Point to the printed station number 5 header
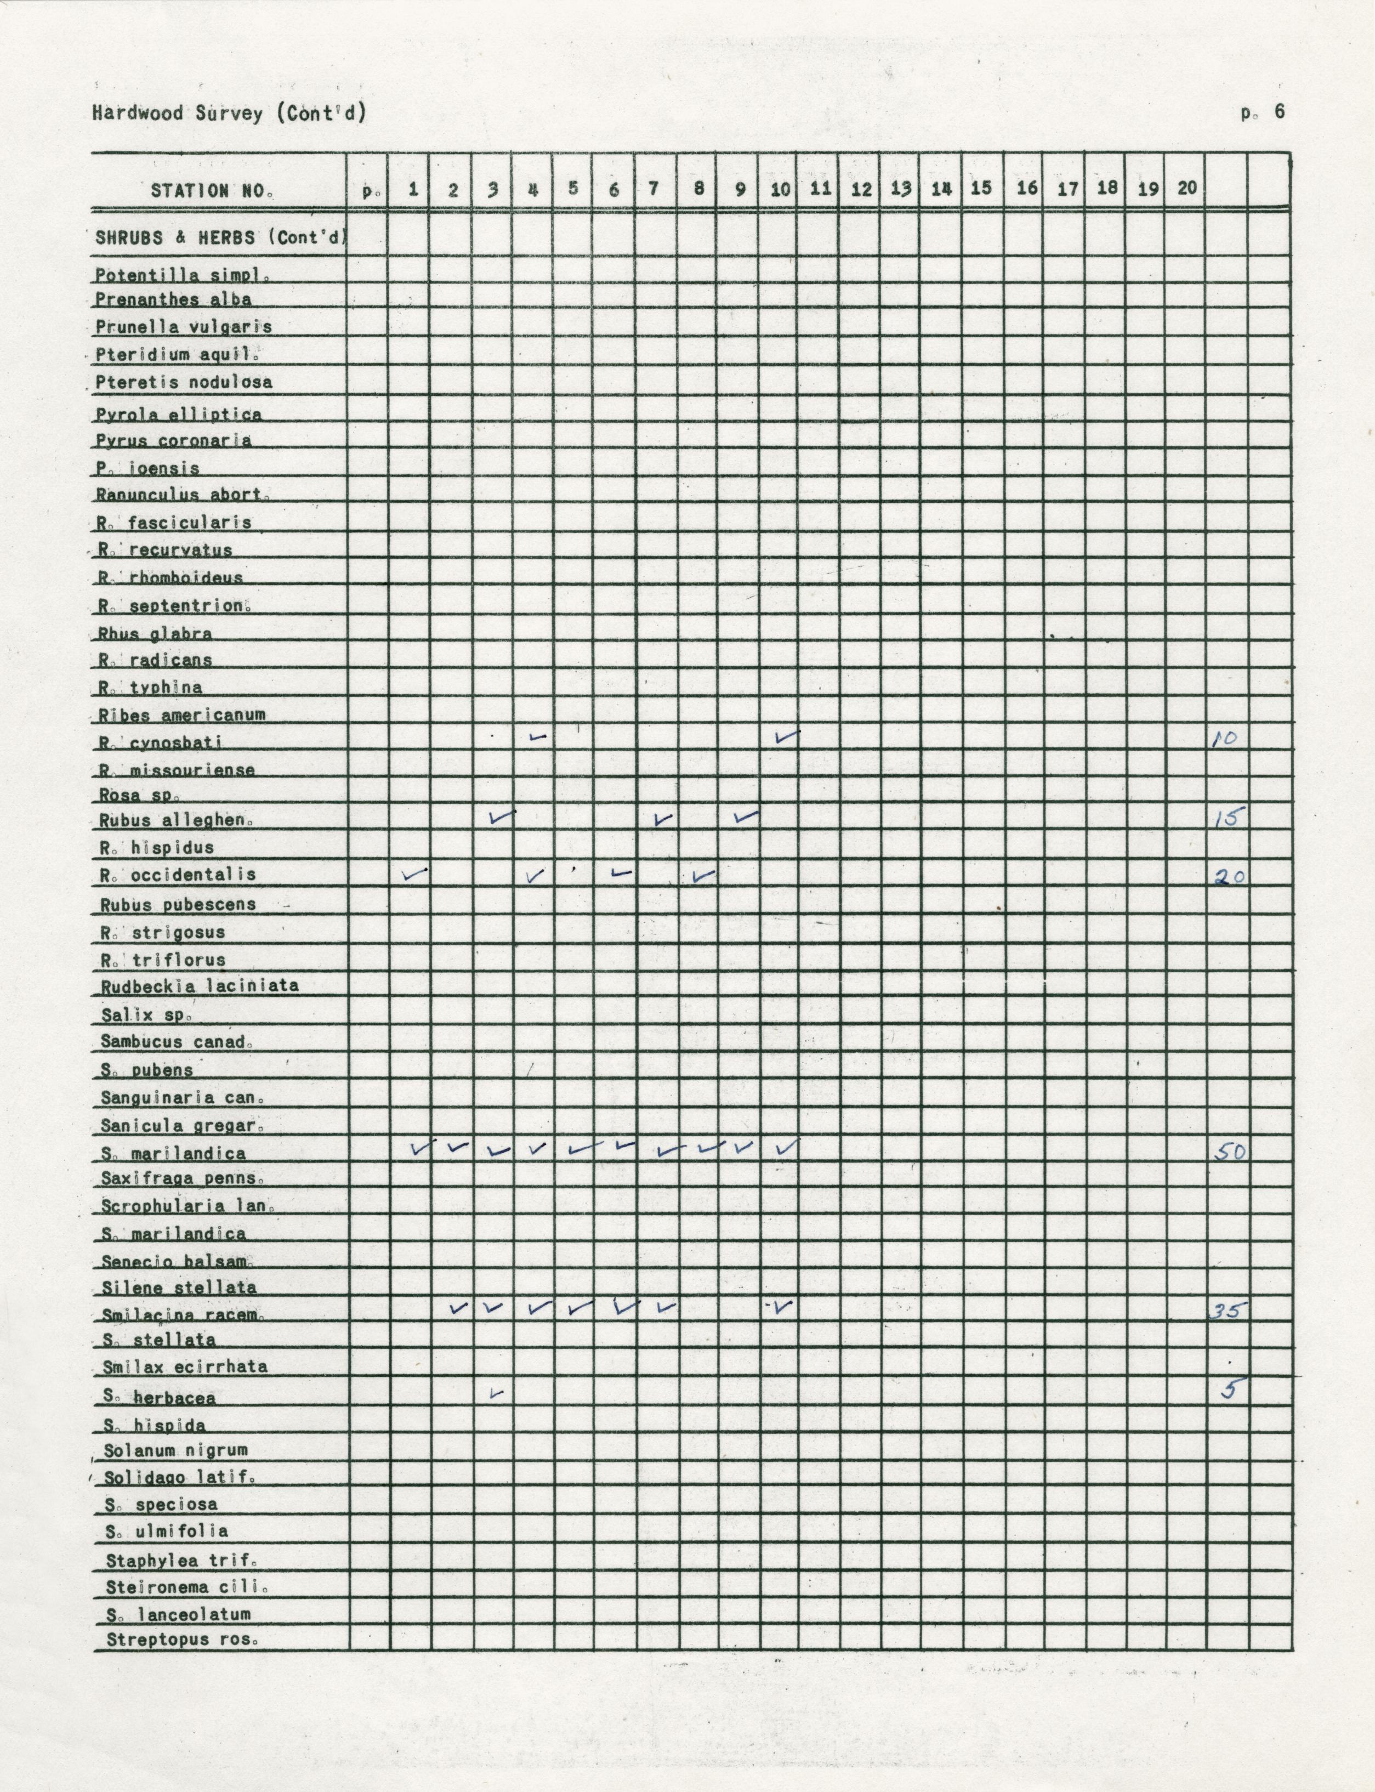point(573,188)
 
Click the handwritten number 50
point(1229,1152)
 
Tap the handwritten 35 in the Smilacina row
point(1228,1311)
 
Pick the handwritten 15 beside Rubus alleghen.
point(1228,818)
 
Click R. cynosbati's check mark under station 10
point(786,738)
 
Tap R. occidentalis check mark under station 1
point(415,874)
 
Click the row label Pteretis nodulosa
point(184,382)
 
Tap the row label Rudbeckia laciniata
point(200,985)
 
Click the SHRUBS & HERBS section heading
point(221,238)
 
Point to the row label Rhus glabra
point(155,634)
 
